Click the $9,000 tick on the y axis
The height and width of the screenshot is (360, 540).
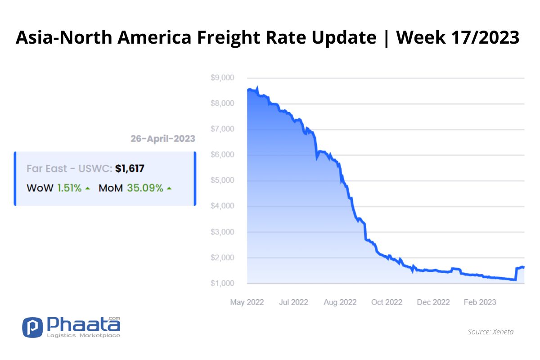222,78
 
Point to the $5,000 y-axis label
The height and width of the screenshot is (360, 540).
222,180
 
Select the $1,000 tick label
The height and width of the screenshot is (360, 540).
222,283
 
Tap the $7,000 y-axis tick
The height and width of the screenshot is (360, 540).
222,129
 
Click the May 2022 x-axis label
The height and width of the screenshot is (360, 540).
247,302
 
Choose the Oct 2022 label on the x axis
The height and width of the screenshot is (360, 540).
387,302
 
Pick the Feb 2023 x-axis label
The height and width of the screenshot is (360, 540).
480,302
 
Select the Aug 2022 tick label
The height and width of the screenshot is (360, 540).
340,302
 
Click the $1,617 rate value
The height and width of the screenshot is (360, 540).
130,169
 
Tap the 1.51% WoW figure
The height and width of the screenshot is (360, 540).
69,188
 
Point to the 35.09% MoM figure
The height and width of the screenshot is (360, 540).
145,188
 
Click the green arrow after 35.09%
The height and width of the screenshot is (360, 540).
169,189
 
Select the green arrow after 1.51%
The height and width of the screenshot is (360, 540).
88,189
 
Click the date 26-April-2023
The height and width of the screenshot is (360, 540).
163,139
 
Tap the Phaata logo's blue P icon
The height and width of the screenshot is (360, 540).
32,327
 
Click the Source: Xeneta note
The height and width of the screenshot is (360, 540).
490,332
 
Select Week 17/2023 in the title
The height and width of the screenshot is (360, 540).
458,37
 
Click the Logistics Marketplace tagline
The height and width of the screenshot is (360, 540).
83,335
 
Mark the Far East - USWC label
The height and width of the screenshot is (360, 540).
69,169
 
